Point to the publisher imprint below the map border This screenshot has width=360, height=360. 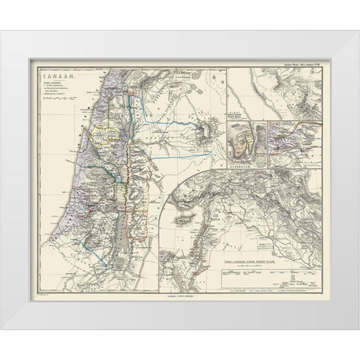175,300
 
